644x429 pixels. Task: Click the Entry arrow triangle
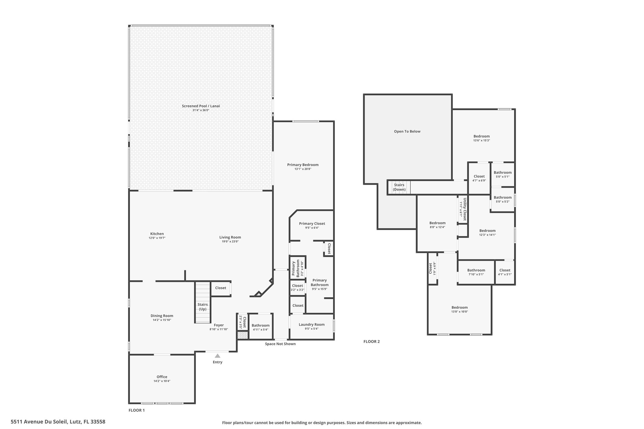(217, 356)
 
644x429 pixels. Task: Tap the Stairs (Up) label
(203, 307)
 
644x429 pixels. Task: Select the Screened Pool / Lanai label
(201, 106)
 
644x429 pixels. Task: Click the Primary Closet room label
(312, 223)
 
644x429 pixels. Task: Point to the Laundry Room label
(312, 324)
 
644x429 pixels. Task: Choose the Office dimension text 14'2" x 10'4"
(162, 381)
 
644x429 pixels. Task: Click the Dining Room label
(162, 316)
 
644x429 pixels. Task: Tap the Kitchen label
(157, 234)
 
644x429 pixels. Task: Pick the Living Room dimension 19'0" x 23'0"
(230, 241)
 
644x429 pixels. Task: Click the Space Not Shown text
(280, 344)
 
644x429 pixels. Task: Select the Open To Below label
(407, 131)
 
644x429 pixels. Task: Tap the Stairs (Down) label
(399, 187)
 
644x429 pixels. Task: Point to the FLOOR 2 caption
(372, 342)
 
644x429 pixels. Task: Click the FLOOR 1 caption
(137, 410)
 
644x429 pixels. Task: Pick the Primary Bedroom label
(303, 165)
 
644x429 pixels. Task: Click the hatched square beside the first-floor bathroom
(242, 336)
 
